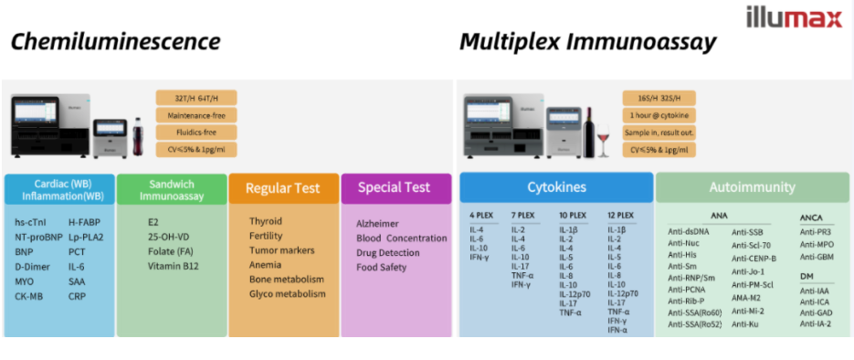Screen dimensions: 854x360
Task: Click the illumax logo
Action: click(795, 17)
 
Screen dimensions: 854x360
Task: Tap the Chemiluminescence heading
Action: click(115, 42)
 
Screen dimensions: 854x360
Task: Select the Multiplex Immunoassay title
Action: click(587, 42)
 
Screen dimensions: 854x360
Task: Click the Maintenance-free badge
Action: click(196, 115)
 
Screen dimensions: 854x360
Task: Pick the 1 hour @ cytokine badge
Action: click(659, 115)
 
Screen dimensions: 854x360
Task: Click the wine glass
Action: click(604, 139)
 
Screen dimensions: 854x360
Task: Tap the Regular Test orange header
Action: click(283, 188)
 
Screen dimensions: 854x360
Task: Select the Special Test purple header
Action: click(396, 188)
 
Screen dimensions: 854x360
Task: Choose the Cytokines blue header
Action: click(556, 187)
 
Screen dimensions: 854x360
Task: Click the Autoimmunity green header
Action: click(752, 187)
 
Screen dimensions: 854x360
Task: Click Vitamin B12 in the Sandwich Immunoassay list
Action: click(174, 266)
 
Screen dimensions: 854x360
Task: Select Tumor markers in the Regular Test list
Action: click(281, 250)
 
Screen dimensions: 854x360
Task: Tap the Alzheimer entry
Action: click(377, 223)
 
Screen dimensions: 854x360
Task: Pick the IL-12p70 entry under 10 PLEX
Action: click(575, 294)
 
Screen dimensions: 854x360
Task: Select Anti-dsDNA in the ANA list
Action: click(689, 231)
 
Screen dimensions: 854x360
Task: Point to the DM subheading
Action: click(807, 277)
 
